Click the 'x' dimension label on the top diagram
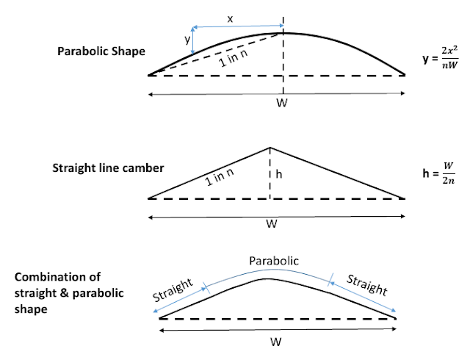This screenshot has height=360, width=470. pyautogui.click(x=230, y=19)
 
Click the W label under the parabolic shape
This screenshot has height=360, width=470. pyautogui.click(x=281, y=104)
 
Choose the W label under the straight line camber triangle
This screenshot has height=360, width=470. pyautogui.click(x=272, y=224)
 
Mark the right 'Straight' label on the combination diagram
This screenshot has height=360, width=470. pyautogui.click(x=367, y=285)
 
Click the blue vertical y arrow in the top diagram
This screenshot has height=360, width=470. pyautogui.click(x=192, y=42)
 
